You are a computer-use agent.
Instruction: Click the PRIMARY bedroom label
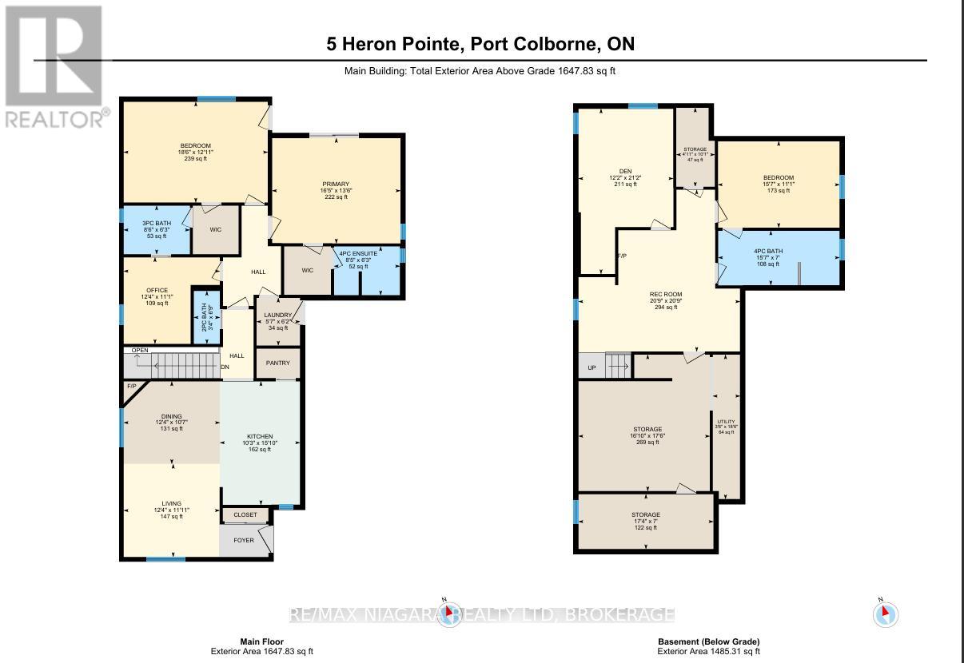[x=336, y=185]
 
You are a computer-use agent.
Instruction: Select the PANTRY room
[x=277, y=363]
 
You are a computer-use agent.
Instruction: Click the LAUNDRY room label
[x=277, y=316]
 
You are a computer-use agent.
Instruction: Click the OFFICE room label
[x=157, y=290]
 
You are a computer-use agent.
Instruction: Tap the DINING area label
[x=170, y=416]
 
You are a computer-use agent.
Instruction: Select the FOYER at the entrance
[x=244, y=541]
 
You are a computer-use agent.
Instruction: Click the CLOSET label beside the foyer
[x=245, y=515]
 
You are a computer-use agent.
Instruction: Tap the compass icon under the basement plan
[x=885, y=613]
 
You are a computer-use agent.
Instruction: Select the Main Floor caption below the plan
[x=261, y=641]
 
